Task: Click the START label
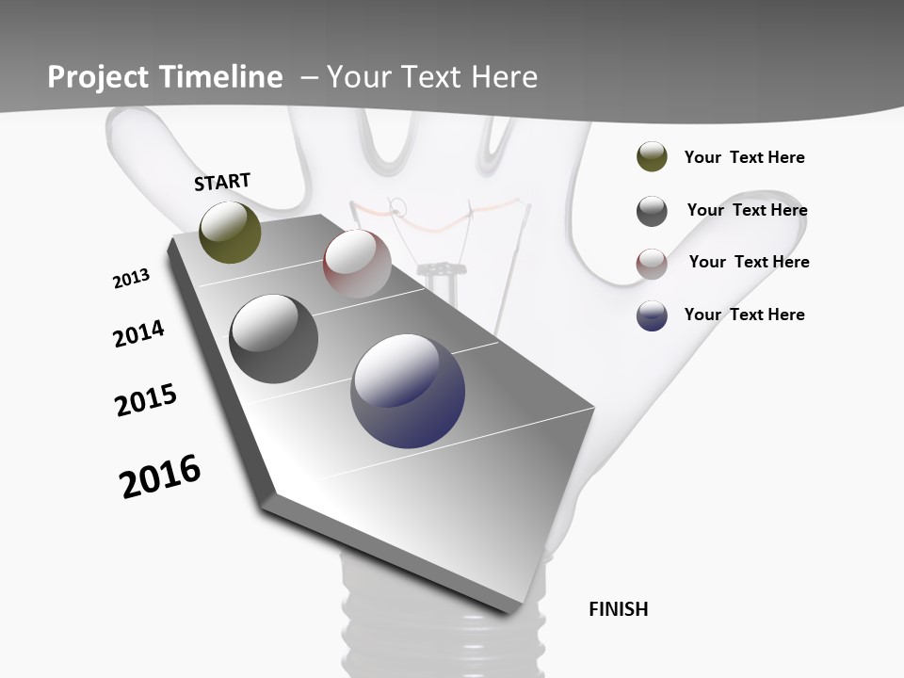click(x=222, y=182)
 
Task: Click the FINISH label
click(x=618, y=609)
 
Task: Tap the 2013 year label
click(x=131, y=279)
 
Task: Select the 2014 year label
click(x=138, y=333)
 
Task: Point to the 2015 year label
click(x=146, y=400)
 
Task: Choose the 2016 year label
click(x=160, y=476)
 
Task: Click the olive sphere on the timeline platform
click(x=230, y=233)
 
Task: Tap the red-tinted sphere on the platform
click(x=357, y=263)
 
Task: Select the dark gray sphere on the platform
click(x=273, y=339)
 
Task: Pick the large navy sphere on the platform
click(x=408, y=391)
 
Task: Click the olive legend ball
click(x=652, y=156)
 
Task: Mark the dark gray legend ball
click(x=652, y=211)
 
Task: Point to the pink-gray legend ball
click(x=652, y=264)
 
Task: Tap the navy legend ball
click(x=652, y=315)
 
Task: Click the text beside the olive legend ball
click(x=744, y=157)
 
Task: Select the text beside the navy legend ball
click(x=744, y=315)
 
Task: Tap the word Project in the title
click(x=99, y=77)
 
